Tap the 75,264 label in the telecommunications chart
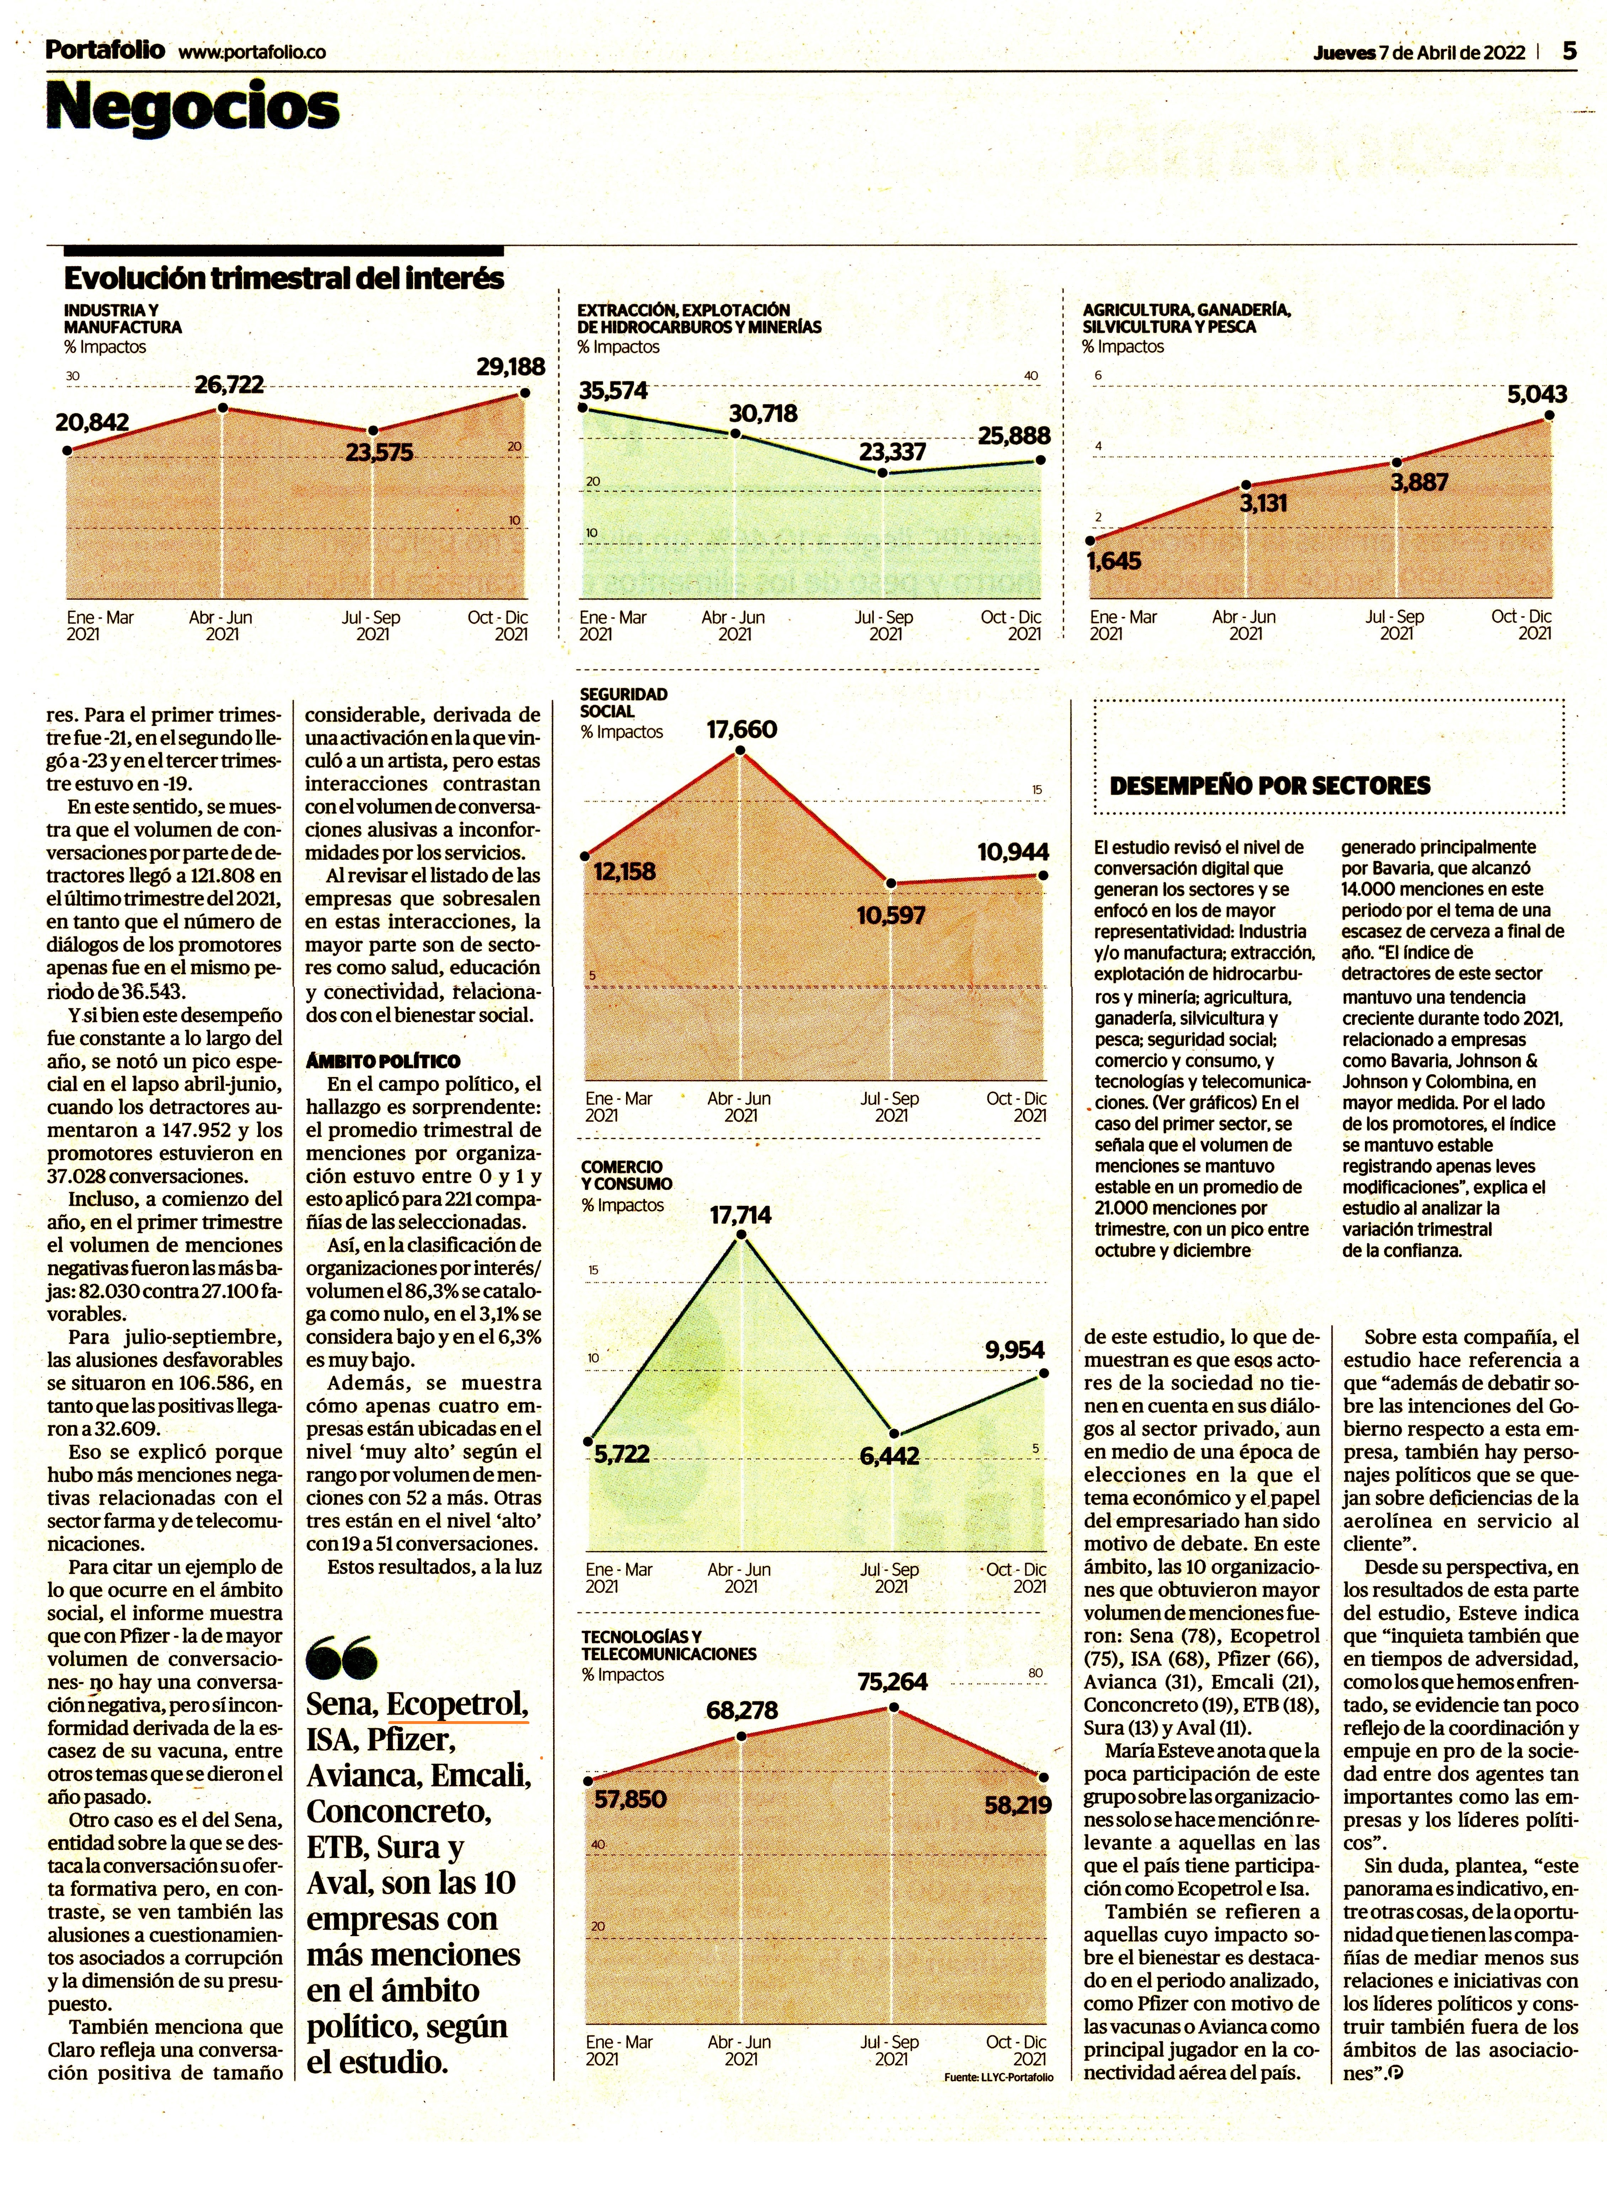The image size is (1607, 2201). click(x=892, y=1682)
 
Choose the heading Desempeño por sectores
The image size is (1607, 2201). click(x=1270, y=786)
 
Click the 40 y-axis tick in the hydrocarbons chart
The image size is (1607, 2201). click(x=1031, y=375)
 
